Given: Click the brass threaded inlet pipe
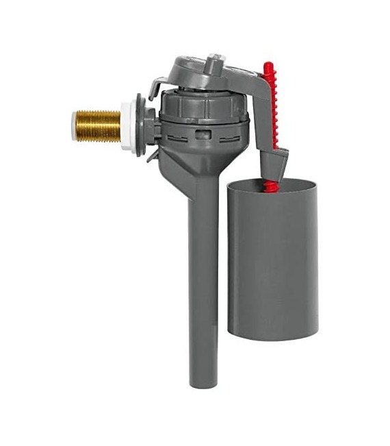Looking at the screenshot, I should [x=97, y=125].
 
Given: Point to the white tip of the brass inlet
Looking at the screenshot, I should [x=74, y=125].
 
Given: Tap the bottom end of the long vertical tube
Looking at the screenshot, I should [x=203, y=382].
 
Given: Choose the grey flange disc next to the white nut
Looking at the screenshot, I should [x=142, y=125].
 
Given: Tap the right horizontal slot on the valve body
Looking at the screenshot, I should [x=229, y=136].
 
